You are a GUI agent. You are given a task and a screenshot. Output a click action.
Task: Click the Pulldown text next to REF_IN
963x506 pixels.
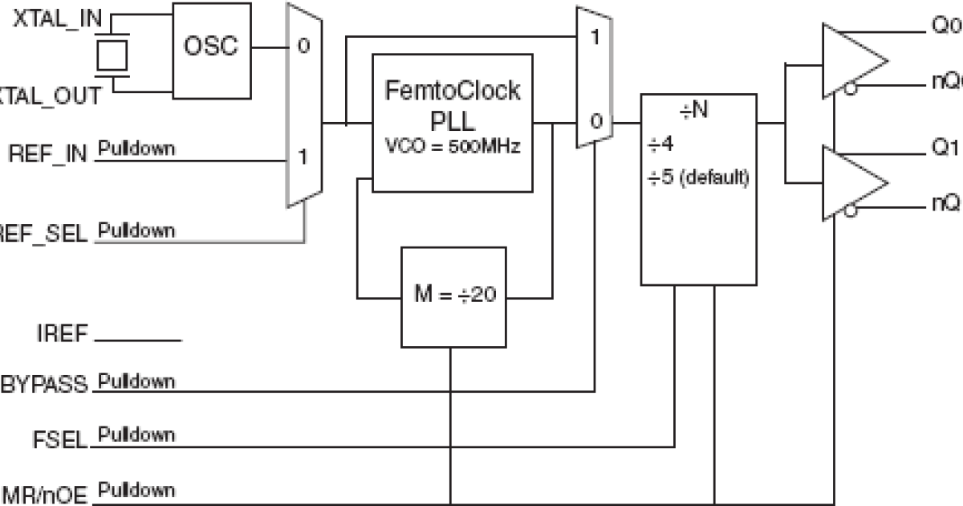pyautogui.click(x=136, y=149)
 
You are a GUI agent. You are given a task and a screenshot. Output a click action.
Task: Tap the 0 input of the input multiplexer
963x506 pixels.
pyautogui.click(x=303, y=46)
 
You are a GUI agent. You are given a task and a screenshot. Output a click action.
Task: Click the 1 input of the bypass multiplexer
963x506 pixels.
pyautogui.click(x=595, y=37)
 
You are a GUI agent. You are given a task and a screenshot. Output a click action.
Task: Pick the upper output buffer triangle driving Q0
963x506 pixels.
pyautogui.click(x=851, y=59)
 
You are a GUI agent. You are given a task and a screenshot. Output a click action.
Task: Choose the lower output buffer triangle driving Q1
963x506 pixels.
pyautogui.click(x=851, y=182)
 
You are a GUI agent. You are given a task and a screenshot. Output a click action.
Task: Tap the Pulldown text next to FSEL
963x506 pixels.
pyautogui.click(x=136, y=435)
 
